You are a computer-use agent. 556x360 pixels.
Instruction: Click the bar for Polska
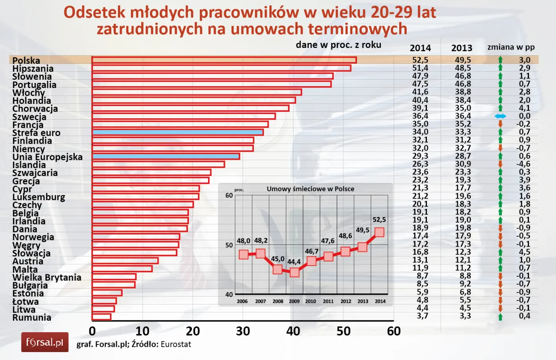(x=224, y=60)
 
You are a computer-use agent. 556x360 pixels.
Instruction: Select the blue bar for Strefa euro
(x=178, y=132)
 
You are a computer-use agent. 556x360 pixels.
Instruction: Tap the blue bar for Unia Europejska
(x=166, y=156)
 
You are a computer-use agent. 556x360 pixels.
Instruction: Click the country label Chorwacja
(x=35, y=109)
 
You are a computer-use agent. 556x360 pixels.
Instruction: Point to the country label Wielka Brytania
(x=46, y=277)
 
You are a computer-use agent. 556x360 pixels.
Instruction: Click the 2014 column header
(x=420, y=48)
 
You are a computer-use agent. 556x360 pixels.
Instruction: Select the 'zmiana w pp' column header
(x=511, y=47)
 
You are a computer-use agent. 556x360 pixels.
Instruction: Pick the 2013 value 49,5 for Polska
(x=463, y=60)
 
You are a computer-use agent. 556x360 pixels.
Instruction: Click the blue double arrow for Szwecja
(x=500, y=116)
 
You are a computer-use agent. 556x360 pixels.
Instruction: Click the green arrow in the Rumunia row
(x=500, y=317)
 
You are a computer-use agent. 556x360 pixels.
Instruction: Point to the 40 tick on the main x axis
(x=293, y=331)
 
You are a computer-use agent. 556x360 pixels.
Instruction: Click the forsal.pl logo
(x=45, y=342)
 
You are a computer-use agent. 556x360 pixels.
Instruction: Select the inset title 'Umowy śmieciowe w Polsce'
(x=310, y=189)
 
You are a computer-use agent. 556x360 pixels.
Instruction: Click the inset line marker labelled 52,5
(x=379, y=232)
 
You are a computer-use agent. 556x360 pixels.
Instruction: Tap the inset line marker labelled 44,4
(x=294, y=272)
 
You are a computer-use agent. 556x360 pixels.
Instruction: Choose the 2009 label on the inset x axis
(x=294, y=301)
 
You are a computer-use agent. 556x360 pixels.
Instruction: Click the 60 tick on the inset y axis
(x=229, y=195)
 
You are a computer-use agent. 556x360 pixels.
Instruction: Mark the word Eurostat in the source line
(x=176, y=344)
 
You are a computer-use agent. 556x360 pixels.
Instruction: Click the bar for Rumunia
(x=102, y=317)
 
